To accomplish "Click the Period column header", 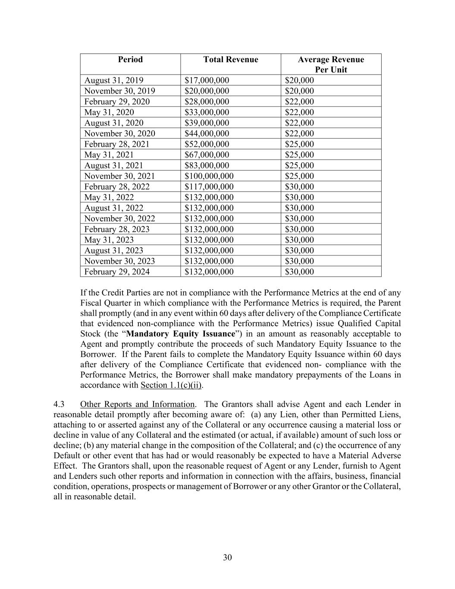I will tap(130, 60).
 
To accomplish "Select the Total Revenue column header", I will tap(231, 60).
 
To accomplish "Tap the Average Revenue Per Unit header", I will tap(331, 64).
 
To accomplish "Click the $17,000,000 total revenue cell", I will tap(207, 80).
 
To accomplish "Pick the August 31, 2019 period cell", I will tap(114, 80).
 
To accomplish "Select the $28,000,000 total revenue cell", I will tap(207, 101).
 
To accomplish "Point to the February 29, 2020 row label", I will tap(117, 101).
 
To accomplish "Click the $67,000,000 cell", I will tap(207, 154).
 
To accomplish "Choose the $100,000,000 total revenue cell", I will tap(209, 176).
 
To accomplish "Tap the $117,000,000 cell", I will tap(209, 186).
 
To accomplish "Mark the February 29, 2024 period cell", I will tap(117, 272).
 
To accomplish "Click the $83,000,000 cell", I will tap(207, 165).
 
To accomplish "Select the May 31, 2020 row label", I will tap(109, 112).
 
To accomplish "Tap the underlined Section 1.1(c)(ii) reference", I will tap(171, 385).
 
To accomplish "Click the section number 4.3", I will tap(59, 404).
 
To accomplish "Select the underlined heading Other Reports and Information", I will tap(137, 404).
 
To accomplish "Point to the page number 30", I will tap(227, 558).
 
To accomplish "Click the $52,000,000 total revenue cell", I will tap(207, 144).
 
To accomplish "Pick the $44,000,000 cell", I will tap(207, 133).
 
